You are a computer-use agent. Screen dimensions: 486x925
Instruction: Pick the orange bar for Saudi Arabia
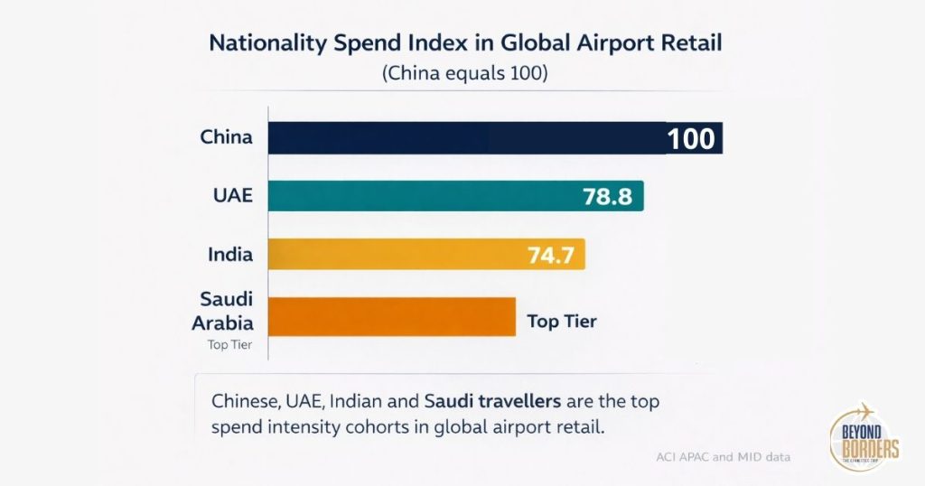click(392, 316)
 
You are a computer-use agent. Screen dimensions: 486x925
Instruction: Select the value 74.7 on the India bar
click(551, 255)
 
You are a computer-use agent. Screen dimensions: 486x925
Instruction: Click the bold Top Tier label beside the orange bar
click(562, 321)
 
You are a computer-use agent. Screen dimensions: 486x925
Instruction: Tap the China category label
click(226, 138)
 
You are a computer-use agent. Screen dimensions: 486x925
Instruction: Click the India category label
click(229, 255)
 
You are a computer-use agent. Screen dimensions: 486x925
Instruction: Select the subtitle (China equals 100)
click(465, 74)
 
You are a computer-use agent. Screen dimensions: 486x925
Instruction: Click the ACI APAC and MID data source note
click(723, 457)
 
